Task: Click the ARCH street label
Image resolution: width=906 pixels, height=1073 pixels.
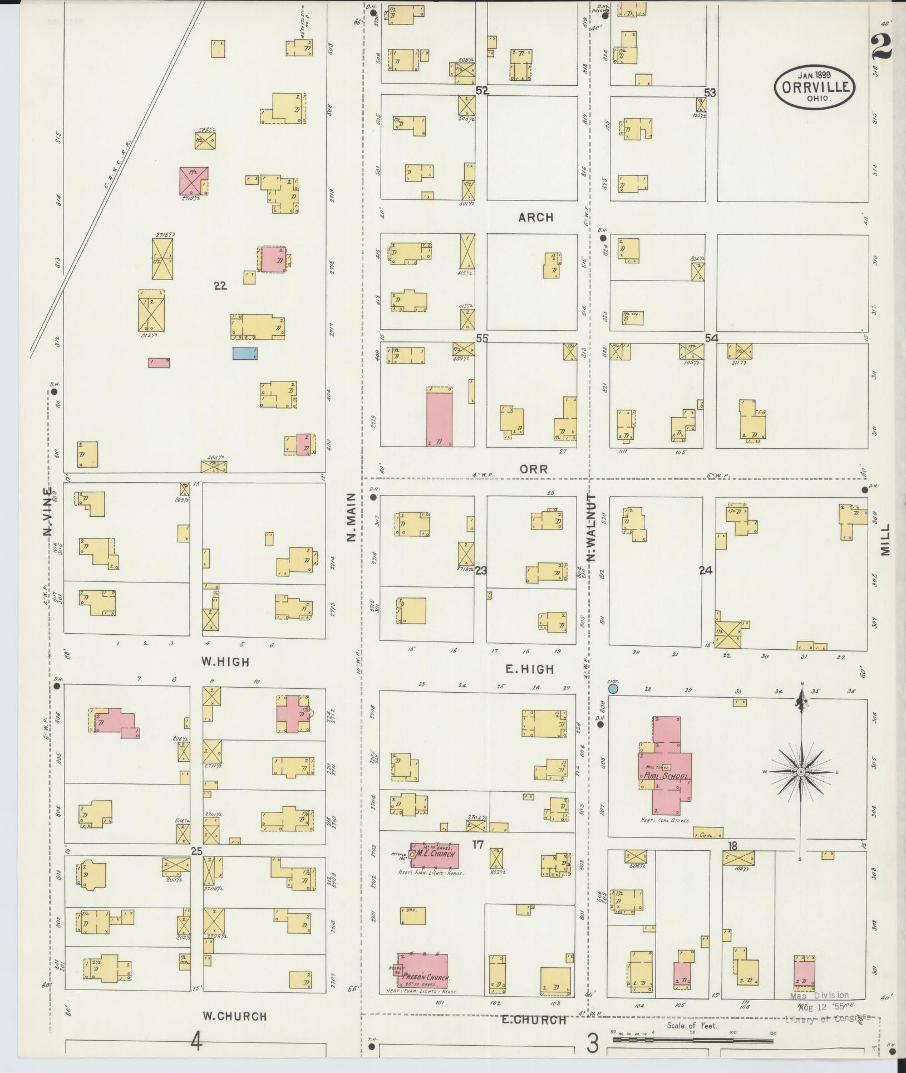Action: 536,218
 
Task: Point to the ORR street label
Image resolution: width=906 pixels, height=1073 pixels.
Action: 534,469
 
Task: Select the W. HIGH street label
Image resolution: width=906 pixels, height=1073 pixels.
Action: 225,662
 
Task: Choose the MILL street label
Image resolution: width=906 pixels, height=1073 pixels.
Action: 885,538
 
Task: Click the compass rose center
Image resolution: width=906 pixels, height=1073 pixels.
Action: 801,772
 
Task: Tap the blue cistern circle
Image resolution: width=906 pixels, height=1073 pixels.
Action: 613,689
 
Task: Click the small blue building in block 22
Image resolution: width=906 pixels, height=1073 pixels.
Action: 245,352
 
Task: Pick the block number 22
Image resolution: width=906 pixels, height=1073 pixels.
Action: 220,286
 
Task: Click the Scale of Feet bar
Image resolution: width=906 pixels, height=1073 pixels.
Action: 693,1038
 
